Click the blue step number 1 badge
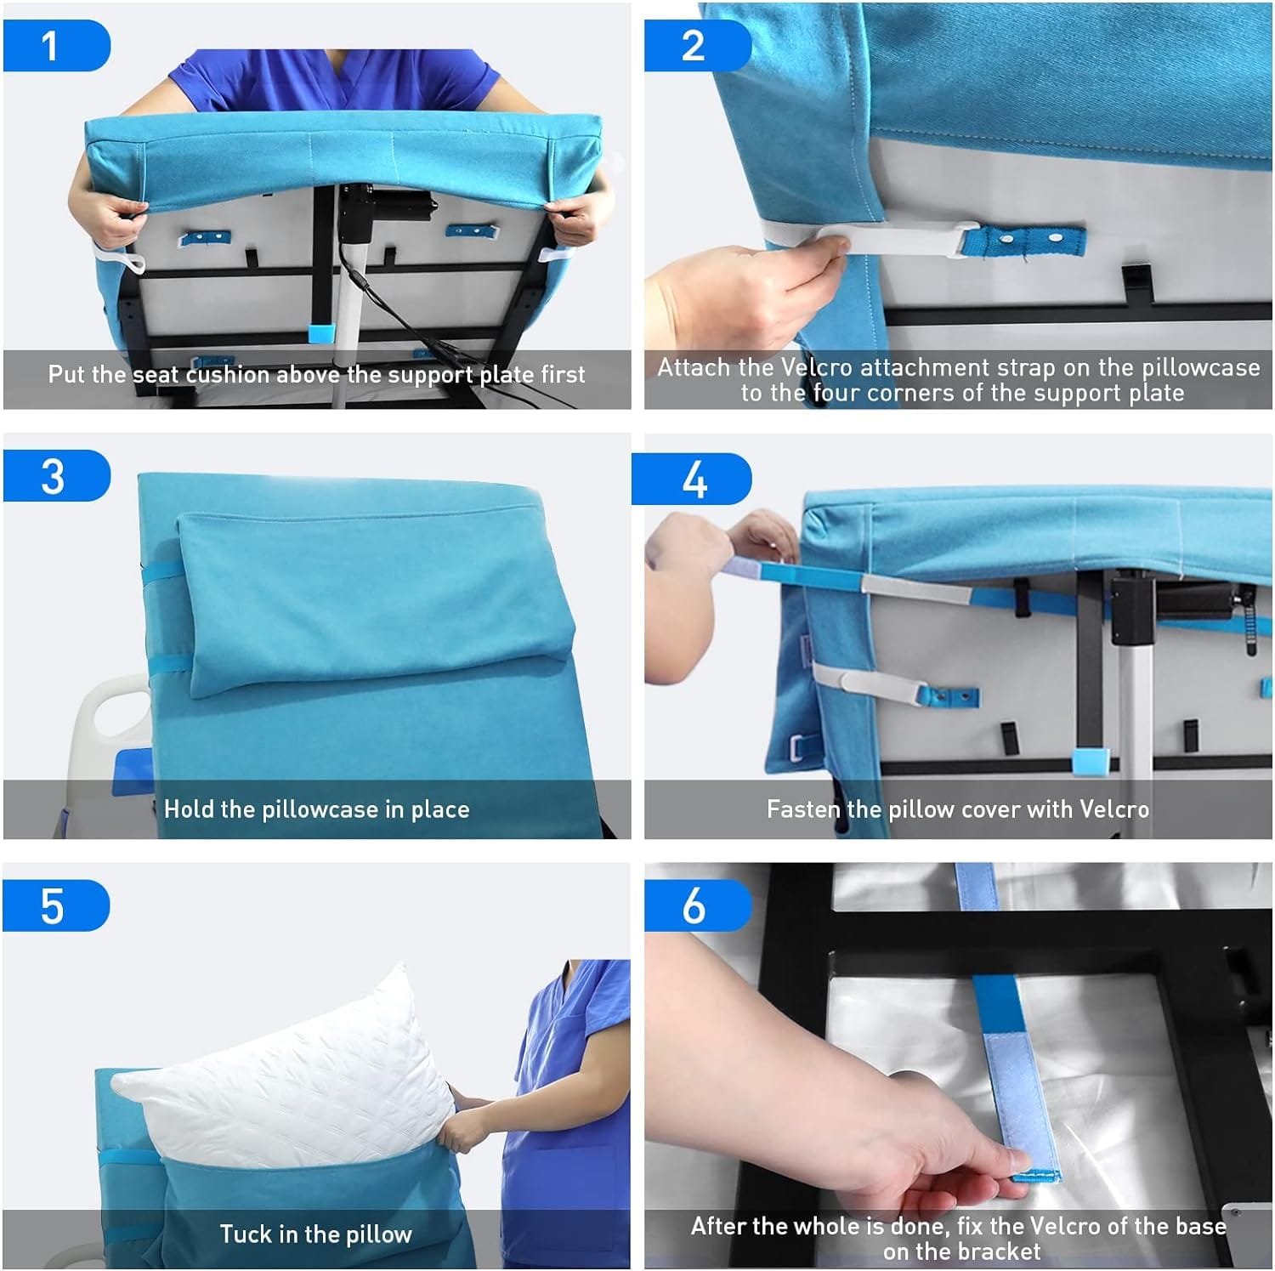(x=56, y=46)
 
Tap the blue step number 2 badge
(x=697, y=46)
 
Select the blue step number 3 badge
(x=56, y=476)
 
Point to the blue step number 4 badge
(x=691, y=479)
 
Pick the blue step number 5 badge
(x=56, y=905)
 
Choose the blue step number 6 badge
(x=697, y=905)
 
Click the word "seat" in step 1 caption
(x=156, y=375)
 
